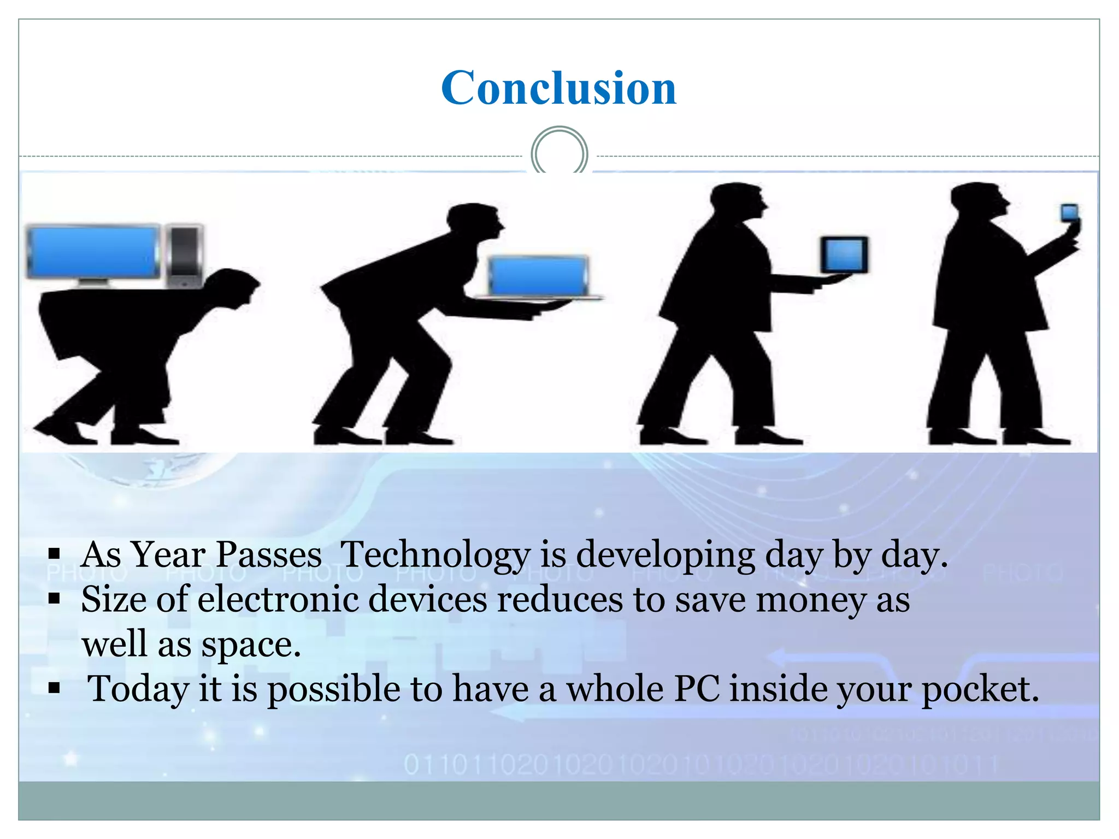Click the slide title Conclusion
(558, 88)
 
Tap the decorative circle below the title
(559, 153)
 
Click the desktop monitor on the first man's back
(93, 252)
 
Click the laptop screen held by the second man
(538, 276)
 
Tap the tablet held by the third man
(845, 255)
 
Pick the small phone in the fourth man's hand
(1069, 212)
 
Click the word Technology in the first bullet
(435, 555)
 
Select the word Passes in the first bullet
(269, 555)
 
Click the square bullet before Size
(54, 599)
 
